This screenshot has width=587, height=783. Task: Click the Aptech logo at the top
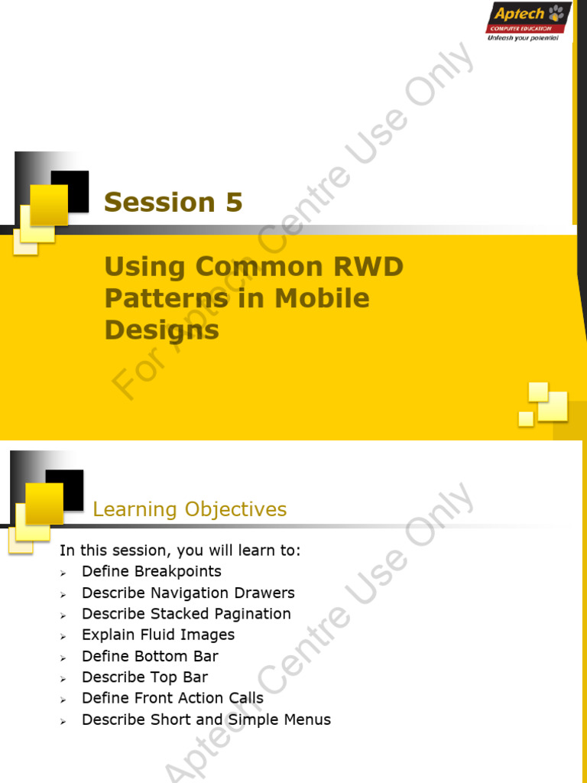pos(527,21)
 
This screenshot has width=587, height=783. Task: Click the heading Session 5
pos(173,202)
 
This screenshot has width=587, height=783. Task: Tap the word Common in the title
pos(250,267)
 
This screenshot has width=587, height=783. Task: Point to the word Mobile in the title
pos(322,298)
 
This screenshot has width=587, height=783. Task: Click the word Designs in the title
pos(161,330)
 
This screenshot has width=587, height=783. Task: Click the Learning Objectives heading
pos(190,509)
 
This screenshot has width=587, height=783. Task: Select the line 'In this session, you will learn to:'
pos(180,551)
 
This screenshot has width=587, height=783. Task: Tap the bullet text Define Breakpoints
pos(151,571)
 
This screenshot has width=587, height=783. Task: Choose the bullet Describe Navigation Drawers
pos(188,593)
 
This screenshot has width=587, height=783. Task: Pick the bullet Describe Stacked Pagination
pos(186,613)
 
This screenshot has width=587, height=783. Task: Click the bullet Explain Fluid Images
pos(158,635)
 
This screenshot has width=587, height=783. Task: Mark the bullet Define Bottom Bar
pos(150,656)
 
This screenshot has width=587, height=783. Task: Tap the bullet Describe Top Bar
pos(144,677)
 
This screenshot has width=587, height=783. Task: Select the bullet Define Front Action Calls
pos(172,698)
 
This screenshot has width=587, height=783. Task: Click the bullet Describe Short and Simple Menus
pos(206,720)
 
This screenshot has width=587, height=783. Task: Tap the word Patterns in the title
pos(166,298)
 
